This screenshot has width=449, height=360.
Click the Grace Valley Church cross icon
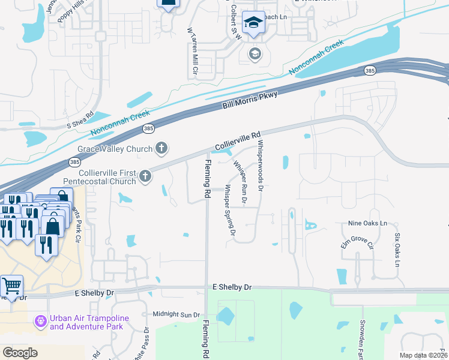click(x=161, y=148)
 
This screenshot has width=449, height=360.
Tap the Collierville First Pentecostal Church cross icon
click(x=145, y=176)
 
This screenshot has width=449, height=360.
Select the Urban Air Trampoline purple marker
click(x=41, y=322)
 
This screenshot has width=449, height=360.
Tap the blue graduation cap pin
click(x=253, y=23)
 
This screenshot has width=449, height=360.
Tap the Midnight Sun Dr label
click(x=176, y=314)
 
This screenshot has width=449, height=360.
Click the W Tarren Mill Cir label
click(x=193, y=51)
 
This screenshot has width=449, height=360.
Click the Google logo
click(x=20, y=353)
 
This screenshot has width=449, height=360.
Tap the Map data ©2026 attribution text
click(x=423, y=355)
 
